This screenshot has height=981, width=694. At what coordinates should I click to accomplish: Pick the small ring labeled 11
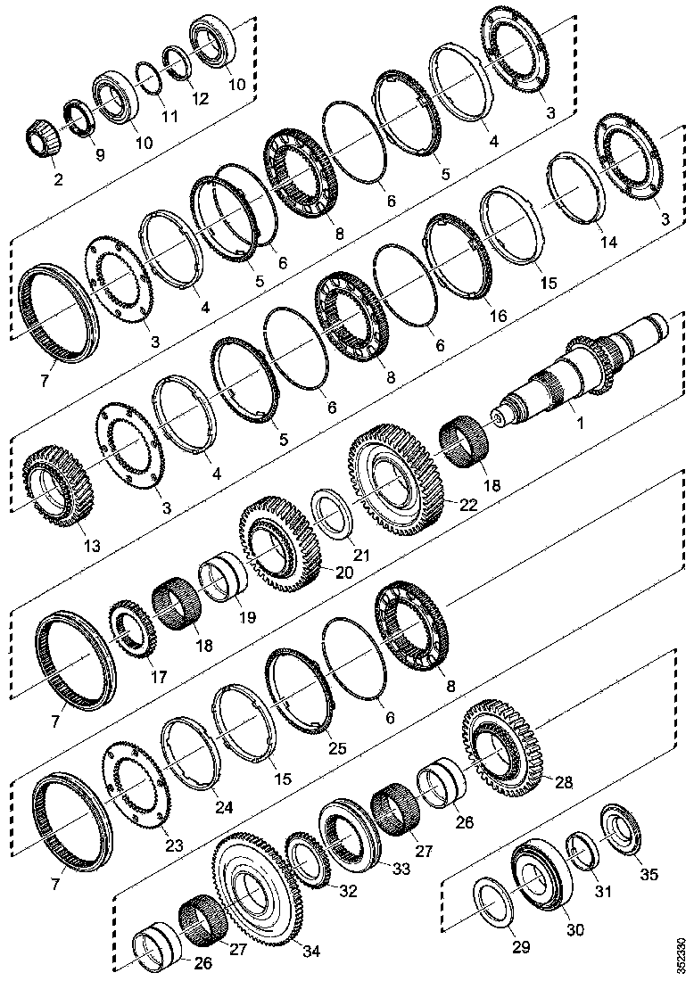point(148,78)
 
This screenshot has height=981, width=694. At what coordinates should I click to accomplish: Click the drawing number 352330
point(682,953)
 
